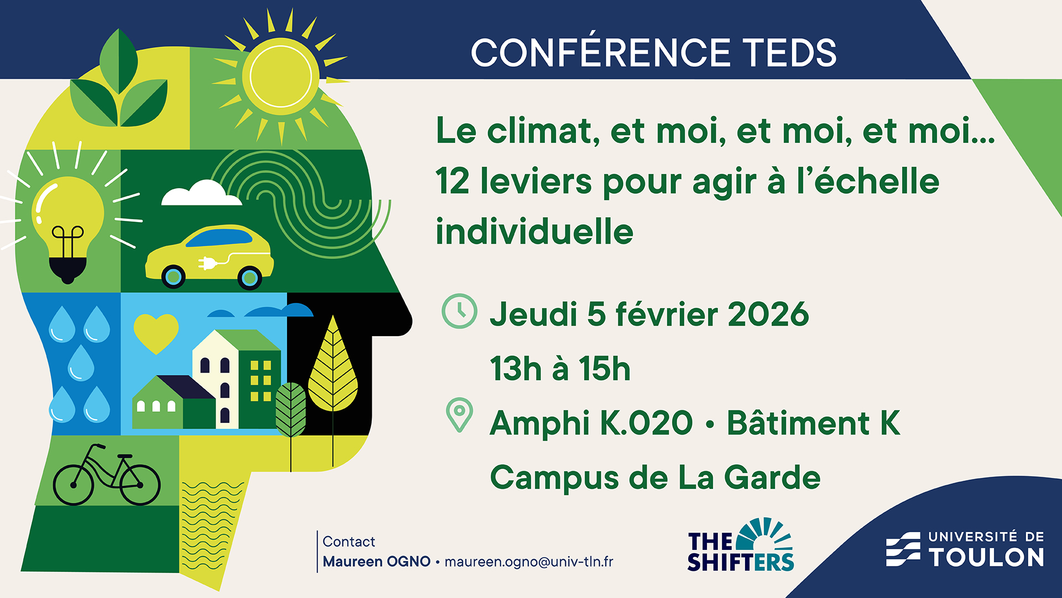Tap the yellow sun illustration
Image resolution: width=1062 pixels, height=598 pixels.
point(281,76)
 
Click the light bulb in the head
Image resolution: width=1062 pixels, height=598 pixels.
point(69,228)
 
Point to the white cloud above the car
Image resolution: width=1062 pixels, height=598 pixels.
point(201,193)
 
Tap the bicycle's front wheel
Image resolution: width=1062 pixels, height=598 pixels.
point(140,484)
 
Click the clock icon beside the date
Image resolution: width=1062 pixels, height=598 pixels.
point(459,311)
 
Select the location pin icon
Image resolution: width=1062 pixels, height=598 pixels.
point(459,415)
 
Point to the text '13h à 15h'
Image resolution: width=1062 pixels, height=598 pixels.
point(560,369)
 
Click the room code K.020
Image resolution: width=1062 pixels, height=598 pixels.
point(646,424)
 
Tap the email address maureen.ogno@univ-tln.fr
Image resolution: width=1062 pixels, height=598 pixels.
point(529,561)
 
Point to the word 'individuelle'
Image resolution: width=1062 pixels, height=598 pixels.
point(534,231)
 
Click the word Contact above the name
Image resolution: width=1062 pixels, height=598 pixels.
point(348,542)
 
